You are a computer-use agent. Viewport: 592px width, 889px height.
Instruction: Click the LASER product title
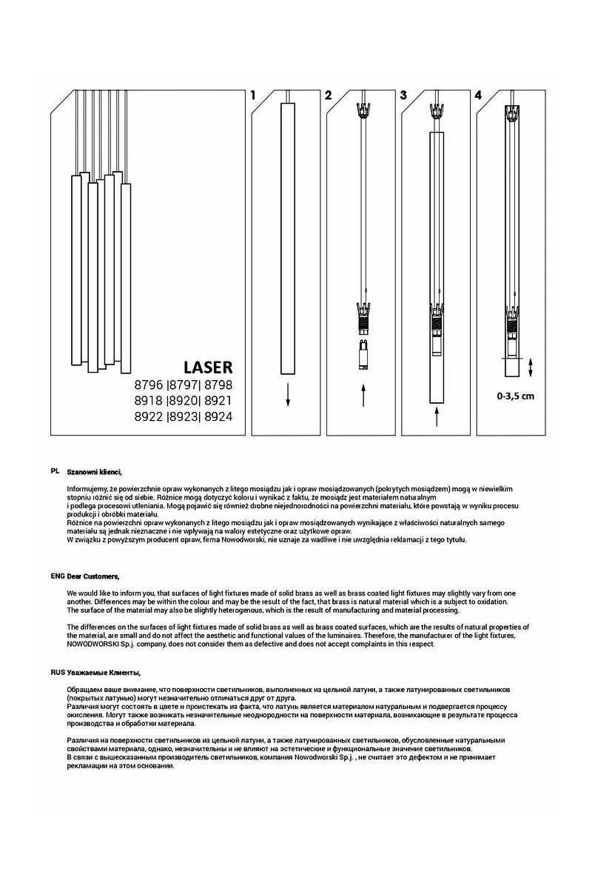[208, 367]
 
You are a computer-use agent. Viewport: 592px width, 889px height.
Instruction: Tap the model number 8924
[218, 417]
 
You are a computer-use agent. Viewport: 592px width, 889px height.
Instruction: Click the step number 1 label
[253, 96]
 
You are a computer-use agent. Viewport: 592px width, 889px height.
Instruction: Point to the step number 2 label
[328, 96]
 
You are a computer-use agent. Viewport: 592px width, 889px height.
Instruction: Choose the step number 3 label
[403, 96]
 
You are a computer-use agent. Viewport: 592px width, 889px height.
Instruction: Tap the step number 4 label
[478, 96]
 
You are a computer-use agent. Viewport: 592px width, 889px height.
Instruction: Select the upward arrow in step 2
[363, 396]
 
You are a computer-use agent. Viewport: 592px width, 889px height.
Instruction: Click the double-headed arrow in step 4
[530, 367]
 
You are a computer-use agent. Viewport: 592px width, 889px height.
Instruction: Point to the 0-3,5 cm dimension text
[515, 396]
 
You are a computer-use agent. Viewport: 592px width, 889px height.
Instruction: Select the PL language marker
[55, 471]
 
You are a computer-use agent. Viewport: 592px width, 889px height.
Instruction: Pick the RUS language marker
[58, 672]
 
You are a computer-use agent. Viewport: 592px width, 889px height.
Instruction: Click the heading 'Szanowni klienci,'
[94, 471]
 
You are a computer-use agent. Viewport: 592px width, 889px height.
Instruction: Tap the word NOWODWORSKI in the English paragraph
[95, 644]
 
